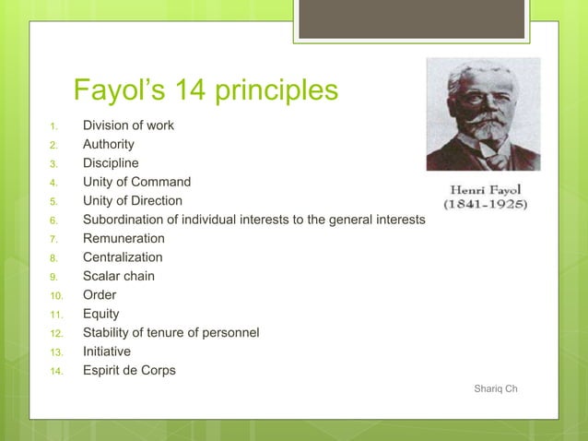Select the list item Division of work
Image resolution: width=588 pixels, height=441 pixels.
pos(128,125)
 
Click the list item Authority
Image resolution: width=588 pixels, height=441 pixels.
pos(109,144)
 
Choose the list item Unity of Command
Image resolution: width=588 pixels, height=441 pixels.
pos(136,182)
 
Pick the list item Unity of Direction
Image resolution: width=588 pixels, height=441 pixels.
pos(133,200)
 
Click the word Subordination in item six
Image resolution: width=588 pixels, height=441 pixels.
pos(124,220)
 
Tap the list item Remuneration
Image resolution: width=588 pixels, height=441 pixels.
pos(123,238)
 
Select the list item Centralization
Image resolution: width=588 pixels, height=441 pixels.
pos(123,257)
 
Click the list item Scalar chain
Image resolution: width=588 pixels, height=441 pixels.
pos(119,276)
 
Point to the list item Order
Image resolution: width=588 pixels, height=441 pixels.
pos(100,295)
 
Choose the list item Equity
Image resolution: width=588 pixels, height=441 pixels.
pos(101,314)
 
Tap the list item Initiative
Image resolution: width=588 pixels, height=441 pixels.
pos(107,352)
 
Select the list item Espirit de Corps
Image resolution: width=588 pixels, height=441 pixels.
pos(129,371)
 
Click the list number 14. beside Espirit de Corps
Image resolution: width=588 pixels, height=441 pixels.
pos(55,372)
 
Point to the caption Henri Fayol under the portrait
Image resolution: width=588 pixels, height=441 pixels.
pos(485,189)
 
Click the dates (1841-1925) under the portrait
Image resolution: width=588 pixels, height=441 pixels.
pos(485,204)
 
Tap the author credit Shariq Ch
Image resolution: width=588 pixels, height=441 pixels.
pos(495,388)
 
